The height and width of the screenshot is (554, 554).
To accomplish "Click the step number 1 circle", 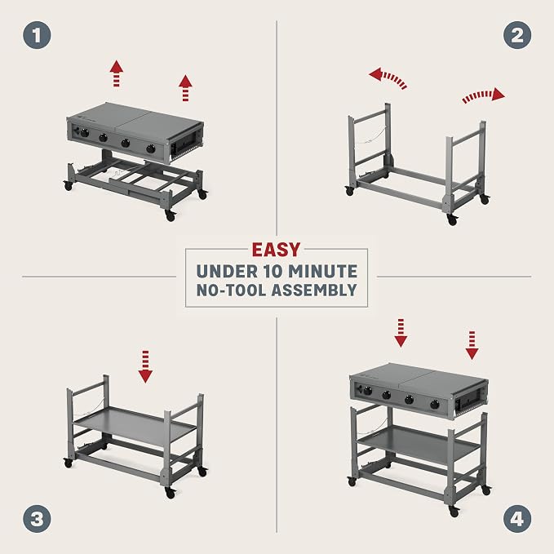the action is pyautogui.click(x=37, y=35).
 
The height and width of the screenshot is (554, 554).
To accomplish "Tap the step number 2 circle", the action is pyautogui.click(x=517, y=35).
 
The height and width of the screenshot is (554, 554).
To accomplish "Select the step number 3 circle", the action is pyautogui.click(x=37, y=519).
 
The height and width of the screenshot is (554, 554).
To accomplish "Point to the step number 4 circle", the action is pyautogui.click(x=517, y=519).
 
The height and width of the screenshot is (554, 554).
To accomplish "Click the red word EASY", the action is pyautogui.click(x=276, y=250).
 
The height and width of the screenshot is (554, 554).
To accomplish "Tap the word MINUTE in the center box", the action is pyautogui.click(x=322, y=272).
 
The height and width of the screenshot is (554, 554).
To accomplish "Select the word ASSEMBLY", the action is pyautogui.click(x=314, y=290).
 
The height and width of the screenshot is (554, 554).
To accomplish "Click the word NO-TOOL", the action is pyautogui.click(x=231, y=290).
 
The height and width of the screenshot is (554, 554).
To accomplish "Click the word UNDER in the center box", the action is pyautogui.click(x=227, y=272).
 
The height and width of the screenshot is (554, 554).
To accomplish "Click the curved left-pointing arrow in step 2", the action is pyautogui.click(x=388, y=78).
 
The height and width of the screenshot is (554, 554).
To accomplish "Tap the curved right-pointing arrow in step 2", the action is pyautogui.click(x=482, y=95).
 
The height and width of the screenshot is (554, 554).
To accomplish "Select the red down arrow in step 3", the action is pyautogui.click(x=145, y=366).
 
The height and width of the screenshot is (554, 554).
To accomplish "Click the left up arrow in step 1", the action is pyautogui.click(x=116, y=73).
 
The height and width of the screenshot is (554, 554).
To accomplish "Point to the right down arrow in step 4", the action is pyautogui.click(x=472, y=345).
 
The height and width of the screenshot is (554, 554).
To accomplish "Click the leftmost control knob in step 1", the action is pyautogui.click(x=84, y=133).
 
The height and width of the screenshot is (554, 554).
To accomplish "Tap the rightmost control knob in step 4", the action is pyautogui.click(x=435, y=405).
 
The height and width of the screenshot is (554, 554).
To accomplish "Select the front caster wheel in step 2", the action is pyautogui.click(x=452, y=219).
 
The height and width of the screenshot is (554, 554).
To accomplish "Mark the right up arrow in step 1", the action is pyautogui.click(x=185, y=88).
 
